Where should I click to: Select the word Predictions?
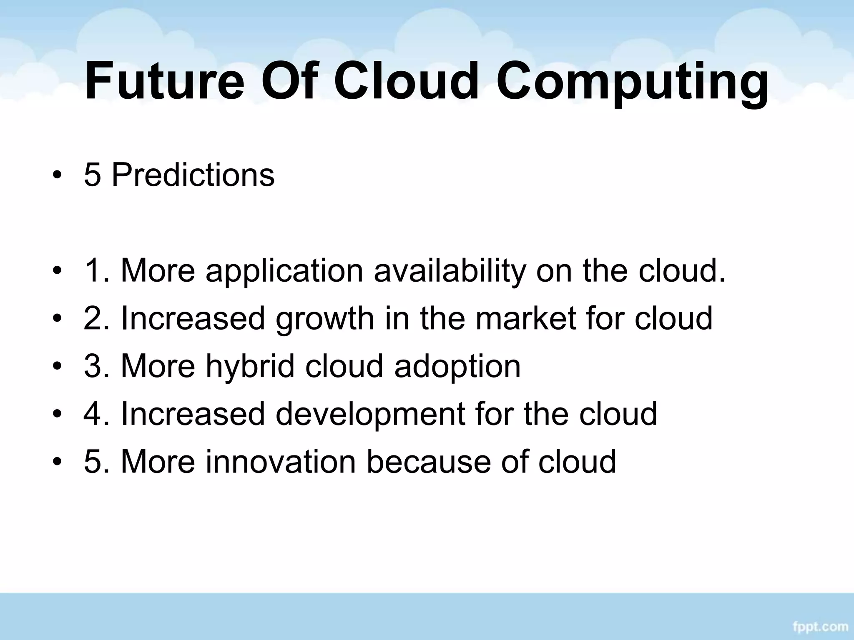pyautogui.click(x=193, y=175)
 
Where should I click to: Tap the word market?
pyautogui.click(x=526, y=318)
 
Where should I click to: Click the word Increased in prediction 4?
pyautogui.click(x=193, y=414)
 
